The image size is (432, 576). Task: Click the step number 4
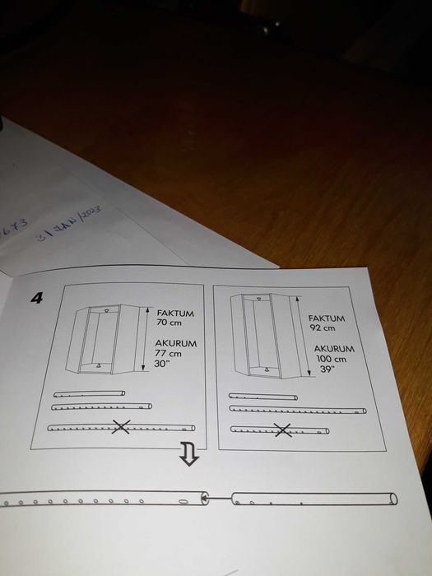click(36, 297)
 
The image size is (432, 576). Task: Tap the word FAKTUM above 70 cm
click(172, 314)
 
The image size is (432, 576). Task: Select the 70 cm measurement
click(168, 324)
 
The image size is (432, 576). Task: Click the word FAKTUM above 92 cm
click(326, 317)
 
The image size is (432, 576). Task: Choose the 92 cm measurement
click(322, 327)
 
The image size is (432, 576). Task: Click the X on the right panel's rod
click(282, 430)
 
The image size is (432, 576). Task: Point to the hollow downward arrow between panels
click(188, 453)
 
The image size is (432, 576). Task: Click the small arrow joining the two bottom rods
click(207, 496)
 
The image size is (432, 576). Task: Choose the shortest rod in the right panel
click(262, 397)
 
